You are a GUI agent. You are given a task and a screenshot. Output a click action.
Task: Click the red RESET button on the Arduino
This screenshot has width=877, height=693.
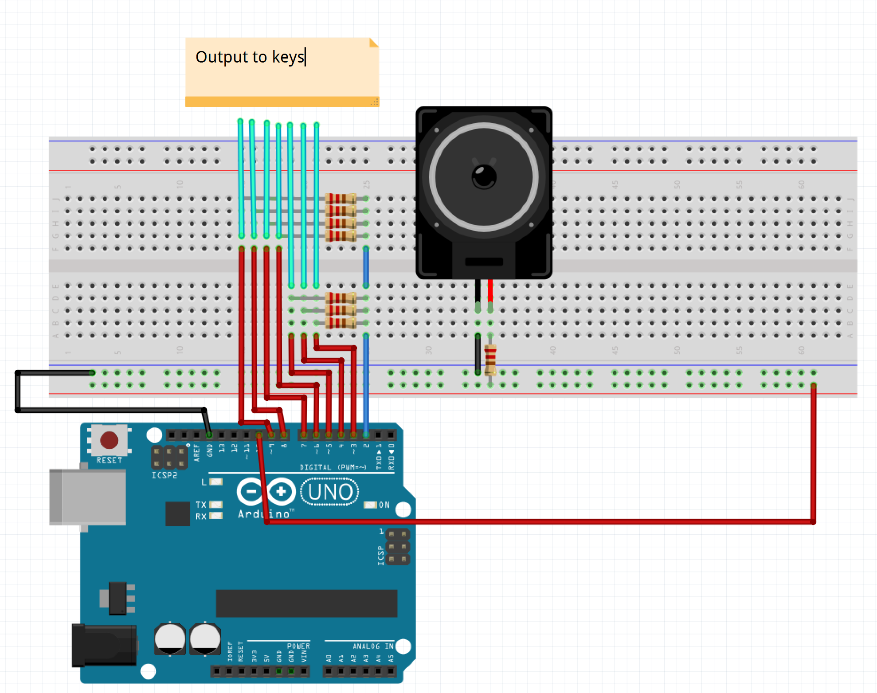[x=109, y=440]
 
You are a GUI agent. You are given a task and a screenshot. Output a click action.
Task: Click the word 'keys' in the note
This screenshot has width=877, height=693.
[x=288, y=57]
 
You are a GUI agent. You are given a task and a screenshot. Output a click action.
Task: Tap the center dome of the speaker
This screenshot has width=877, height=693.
[x=484, y=176]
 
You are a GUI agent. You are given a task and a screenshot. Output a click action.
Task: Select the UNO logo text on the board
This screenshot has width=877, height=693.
[x=330, y=492]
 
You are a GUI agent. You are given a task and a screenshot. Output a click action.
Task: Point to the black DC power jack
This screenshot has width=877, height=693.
[x=105, y=645]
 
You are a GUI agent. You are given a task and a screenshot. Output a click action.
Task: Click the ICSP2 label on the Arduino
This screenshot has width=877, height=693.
[x=164, y=475]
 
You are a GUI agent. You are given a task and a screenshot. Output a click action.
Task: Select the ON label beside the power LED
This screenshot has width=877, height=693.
[x=384, y=505]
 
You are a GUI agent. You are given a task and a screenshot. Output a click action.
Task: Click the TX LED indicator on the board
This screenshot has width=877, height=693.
[x=216, y=505]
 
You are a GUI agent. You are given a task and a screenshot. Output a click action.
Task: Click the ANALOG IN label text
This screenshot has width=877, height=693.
[x=372, y=646]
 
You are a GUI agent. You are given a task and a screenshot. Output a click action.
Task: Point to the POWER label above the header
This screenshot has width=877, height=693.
[x=298, y=646]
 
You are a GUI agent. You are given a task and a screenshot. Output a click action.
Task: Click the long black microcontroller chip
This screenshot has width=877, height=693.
[x=306, y=603]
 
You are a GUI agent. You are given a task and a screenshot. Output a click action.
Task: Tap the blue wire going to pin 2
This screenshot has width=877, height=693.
[x=366, y=381]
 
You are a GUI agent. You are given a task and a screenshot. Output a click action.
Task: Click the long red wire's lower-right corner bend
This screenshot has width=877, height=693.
[x=813, y=522]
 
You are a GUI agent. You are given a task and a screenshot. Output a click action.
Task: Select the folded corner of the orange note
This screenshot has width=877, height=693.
[x=374, y=43]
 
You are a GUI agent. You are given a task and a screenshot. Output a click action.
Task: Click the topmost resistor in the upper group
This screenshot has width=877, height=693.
[x=341, y=198]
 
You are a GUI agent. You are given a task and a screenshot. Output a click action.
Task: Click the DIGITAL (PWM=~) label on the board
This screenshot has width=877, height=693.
[x=333, y=467]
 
